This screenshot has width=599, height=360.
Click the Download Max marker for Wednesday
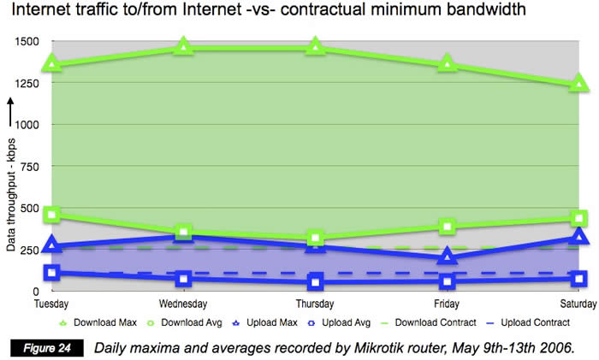183,46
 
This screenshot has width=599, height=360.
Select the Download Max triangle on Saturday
578,83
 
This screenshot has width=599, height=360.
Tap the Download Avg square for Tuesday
51,215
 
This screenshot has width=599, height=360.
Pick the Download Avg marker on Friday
447,227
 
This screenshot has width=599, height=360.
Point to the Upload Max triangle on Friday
447,257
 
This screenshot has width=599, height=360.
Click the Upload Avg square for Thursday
315,282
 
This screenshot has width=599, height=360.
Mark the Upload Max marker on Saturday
578,237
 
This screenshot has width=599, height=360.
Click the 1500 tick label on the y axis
27,41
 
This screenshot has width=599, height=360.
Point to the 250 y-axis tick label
30,250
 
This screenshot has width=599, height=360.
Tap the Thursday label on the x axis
315,304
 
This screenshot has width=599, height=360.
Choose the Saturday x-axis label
578,304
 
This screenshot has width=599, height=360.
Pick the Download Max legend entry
96,322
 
